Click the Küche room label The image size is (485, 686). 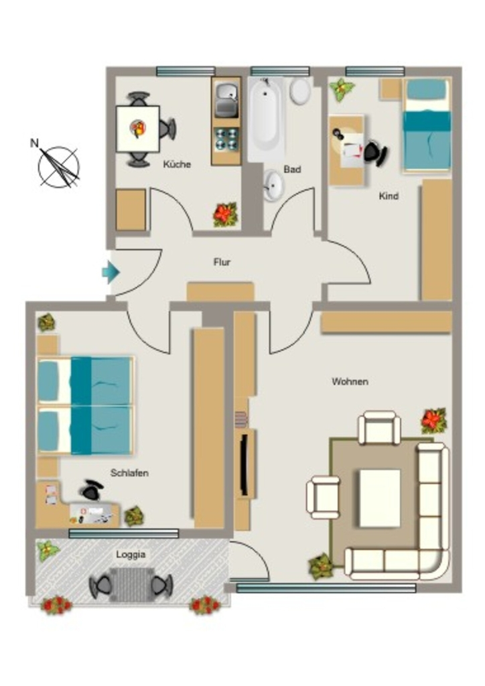click(x=177, y=165)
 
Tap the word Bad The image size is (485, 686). click(x=292, y=169)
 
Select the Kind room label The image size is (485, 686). click(x=389, y=196)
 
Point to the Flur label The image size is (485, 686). click(x=222, y=262)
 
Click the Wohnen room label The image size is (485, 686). click(x=350, y=381)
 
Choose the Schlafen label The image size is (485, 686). click(x=129, y=473)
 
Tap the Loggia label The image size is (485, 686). click(x=131, y=555)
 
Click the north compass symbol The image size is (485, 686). click(x=57, y=164)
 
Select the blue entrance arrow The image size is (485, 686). click(x=111, y=272)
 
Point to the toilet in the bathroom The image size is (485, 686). click(x=301, y=90)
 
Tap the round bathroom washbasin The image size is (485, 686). click(x=274, y=185)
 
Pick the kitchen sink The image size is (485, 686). click(x=226, y=100)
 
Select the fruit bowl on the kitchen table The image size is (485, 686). click(x=138, y=128)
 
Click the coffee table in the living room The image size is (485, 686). click(x=380, y=498)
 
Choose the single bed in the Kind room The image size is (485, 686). click(x=427, y=125)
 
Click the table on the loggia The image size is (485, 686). click(x=132, y=584)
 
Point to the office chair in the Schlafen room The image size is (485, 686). click(x=92, y=490)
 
